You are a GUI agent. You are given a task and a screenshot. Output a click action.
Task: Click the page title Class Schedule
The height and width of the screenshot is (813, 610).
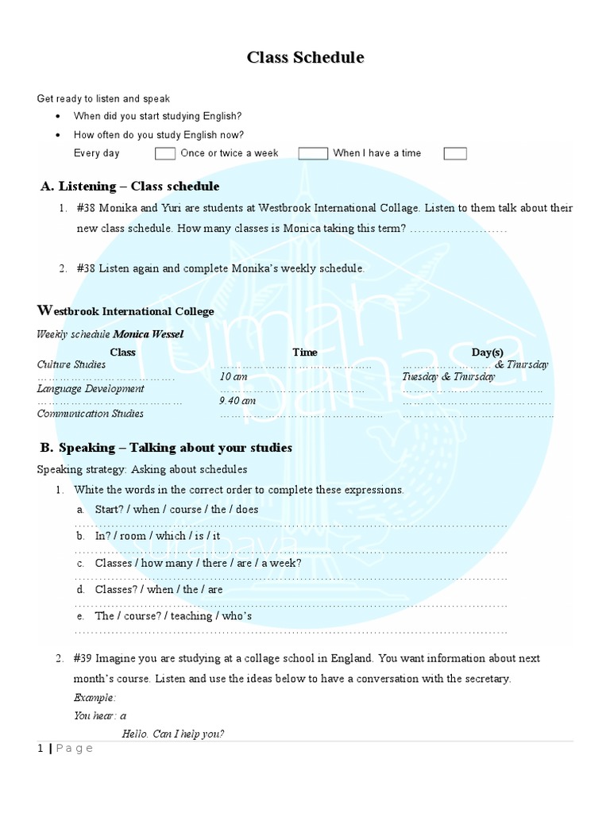tap(305, 57)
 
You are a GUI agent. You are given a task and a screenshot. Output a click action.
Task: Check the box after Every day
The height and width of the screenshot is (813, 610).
tap(165, 153)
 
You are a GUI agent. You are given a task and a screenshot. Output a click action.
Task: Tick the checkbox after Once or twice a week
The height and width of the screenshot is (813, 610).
tap(313, 153)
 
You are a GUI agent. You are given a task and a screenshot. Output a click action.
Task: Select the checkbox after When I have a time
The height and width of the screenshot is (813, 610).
tap(455, 153)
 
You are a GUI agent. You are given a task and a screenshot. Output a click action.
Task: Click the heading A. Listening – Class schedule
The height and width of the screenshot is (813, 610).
tap(130, 187)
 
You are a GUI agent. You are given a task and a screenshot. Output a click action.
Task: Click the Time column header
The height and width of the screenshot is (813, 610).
tap(304, 353)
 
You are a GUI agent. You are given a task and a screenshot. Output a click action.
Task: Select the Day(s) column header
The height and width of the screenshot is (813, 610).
tap(487, 353)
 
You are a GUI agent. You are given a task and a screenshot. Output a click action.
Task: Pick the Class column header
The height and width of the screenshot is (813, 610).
tap(122, 353)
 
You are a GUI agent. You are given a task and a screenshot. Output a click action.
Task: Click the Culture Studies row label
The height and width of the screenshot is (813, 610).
tap(71, 364)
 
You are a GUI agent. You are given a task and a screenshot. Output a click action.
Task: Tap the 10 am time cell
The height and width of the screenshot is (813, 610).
tap(234, 377)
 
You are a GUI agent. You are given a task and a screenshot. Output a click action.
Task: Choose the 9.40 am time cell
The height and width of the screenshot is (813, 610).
tap(237, 401)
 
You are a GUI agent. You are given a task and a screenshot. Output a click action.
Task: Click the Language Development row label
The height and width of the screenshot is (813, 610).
tap(91, 389)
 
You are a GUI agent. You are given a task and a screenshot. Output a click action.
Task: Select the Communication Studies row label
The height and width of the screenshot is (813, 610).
tap(91, 414)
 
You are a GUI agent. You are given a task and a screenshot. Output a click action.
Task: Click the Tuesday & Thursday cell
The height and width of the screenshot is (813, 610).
tap(448, 377)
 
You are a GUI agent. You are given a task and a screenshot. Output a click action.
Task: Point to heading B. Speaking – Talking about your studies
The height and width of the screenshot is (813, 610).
tap(166, 448)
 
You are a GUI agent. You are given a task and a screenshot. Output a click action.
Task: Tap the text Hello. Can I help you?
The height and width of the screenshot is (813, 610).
tap(173, 734)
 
